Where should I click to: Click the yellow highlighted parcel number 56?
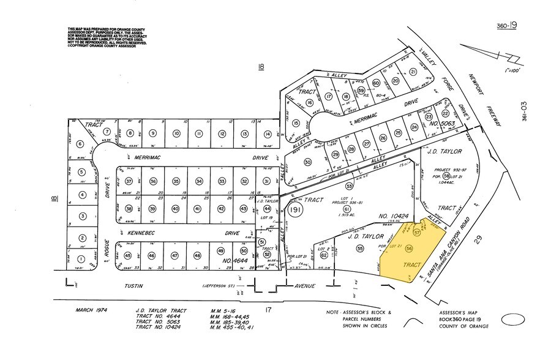click(x=410, y=247)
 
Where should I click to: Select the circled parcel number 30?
click(x=309, y=162)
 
